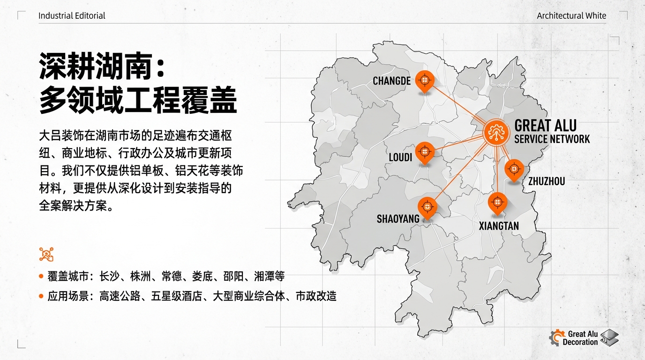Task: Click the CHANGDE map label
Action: (391, 81)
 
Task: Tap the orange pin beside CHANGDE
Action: (425, 81)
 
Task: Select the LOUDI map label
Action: (400, 157)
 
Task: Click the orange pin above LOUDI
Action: (425, 151)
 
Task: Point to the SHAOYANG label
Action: (398, 219)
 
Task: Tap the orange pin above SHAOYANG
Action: (427, 207)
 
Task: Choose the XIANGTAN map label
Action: (499, 226)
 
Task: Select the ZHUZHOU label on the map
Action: (547, 181)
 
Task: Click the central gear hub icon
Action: (495, 132)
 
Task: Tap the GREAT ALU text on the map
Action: (545, 126)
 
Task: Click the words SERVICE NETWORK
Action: (552, 139)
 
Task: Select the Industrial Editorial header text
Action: (72, 16)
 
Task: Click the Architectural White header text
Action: (571, 16)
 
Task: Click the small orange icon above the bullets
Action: (46, 254)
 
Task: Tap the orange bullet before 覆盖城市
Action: (41, 277)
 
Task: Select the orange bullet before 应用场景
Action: (41, 296)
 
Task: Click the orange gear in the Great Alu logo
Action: (557, 337)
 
